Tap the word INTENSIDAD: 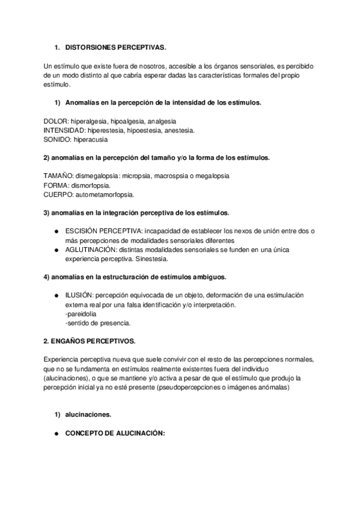coord(64,130)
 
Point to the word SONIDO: coord(58,139)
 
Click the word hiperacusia coord(91,139)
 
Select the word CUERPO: coord(58,194)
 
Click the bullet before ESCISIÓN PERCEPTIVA coord(56,232)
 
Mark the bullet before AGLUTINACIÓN coord(56,250)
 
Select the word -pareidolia coord(79,315)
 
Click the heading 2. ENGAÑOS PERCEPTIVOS coord(90,341)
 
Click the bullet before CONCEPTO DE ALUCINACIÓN coord(56,434)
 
